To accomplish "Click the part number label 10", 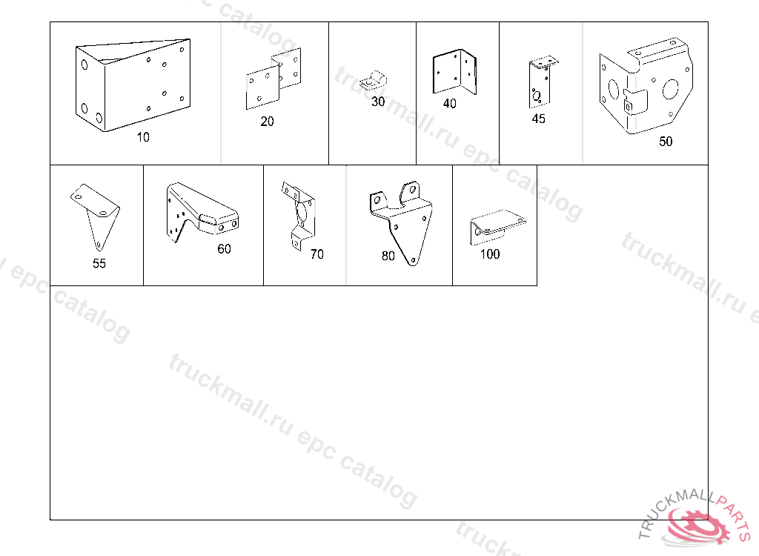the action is (143, 137).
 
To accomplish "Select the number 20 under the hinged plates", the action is (267, 121).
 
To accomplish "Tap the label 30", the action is (378, 102).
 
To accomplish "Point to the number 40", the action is (450, 103).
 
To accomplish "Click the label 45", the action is (538, 119).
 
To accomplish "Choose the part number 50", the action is (666, 141).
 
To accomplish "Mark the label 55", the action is (99, 263).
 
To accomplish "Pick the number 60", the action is (224, 248).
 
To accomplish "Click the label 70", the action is (317, 254).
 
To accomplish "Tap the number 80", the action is (388, 256).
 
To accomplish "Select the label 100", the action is (490, 254).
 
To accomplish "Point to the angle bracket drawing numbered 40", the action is (454, 72).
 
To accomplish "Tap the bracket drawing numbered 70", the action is (298, 216).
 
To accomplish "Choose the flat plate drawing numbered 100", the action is (497, 227).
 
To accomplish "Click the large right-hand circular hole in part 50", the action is (670, 89).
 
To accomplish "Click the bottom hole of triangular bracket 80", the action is (413, 260).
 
